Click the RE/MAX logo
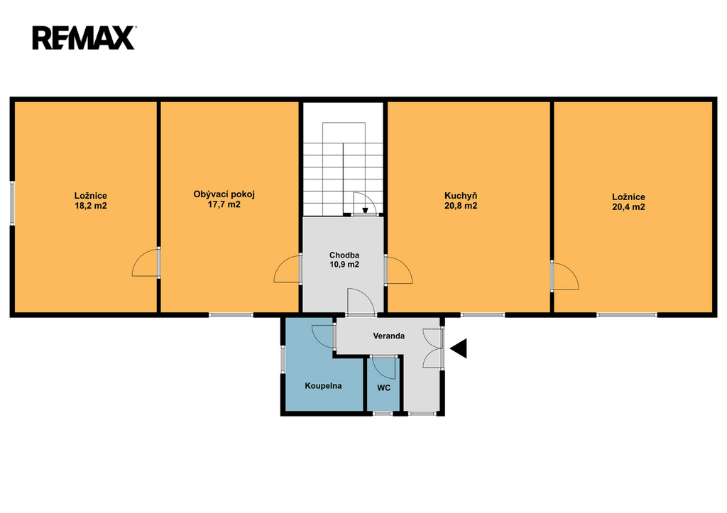coord(84,38)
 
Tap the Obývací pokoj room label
coord(224,194)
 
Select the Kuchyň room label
coord(461,196)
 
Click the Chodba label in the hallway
coord(344,255)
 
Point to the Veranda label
coord(388,336)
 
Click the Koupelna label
coord(323,385)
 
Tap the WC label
coord(383,388)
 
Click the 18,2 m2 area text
coord(91,206)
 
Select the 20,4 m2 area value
coord(628,207)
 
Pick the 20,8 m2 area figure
coord(461,206)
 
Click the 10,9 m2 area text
coord(344,265)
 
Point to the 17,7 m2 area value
coord(224,204)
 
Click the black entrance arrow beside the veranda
coord(459,348)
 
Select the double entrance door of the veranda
coord(434,348)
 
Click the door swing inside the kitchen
coord(399,270)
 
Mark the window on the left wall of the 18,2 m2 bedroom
coord(13,203)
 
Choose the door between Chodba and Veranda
coord(361,302)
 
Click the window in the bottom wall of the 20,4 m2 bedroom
coord(627,315)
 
